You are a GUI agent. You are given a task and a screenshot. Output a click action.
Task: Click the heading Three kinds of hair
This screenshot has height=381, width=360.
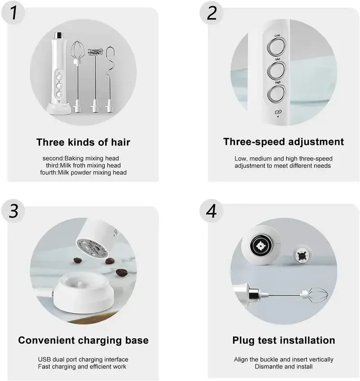(x=83, y=143)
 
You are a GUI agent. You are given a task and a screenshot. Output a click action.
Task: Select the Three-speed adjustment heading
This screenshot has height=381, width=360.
(x=283, y=142)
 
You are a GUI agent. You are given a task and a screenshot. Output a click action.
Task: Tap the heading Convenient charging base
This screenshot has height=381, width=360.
(x=83, y=340)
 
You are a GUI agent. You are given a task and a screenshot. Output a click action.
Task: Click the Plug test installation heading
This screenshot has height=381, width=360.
(x=283, y=340)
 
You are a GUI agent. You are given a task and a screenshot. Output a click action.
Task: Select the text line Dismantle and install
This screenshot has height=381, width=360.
(x=283, y=367)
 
